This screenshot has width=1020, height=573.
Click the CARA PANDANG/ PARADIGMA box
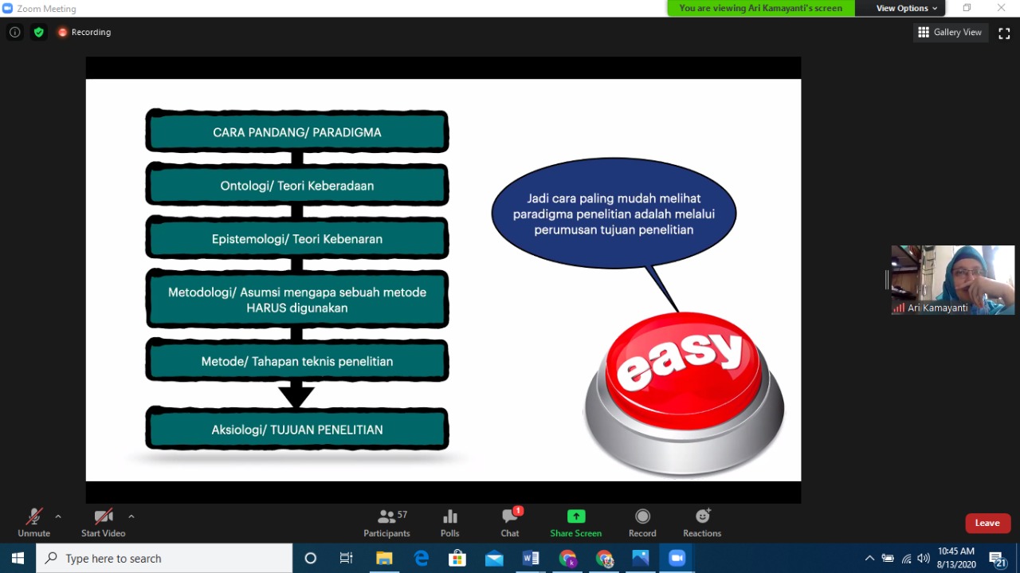[x=297, y=131]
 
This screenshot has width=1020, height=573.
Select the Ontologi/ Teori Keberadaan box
[x=297, y=186]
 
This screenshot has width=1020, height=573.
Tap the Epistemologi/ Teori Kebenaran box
[x=297, y=238]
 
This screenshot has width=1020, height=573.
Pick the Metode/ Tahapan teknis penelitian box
[x=297, y=361]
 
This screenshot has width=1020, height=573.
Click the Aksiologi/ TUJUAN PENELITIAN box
[x=297, y=429]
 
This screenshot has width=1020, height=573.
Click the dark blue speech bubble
[x=614, y=214]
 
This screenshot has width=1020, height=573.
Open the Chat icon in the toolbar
[x=509, y=516]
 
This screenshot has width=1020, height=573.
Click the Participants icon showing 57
[x=386, y=516]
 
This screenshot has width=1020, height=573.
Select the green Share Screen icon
[x=576, y=516]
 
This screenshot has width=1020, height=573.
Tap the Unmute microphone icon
[x=33, y=516]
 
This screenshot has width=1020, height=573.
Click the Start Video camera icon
[x=104, y=516]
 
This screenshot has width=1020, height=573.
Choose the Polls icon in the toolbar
[x=450, y=516]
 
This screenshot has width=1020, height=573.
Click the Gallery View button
[x=951, y=33]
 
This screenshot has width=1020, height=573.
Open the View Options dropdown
[x=907, y=8]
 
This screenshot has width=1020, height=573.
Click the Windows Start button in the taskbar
[x=18, y=558]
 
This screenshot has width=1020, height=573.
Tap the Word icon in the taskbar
[x=531, y=558]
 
